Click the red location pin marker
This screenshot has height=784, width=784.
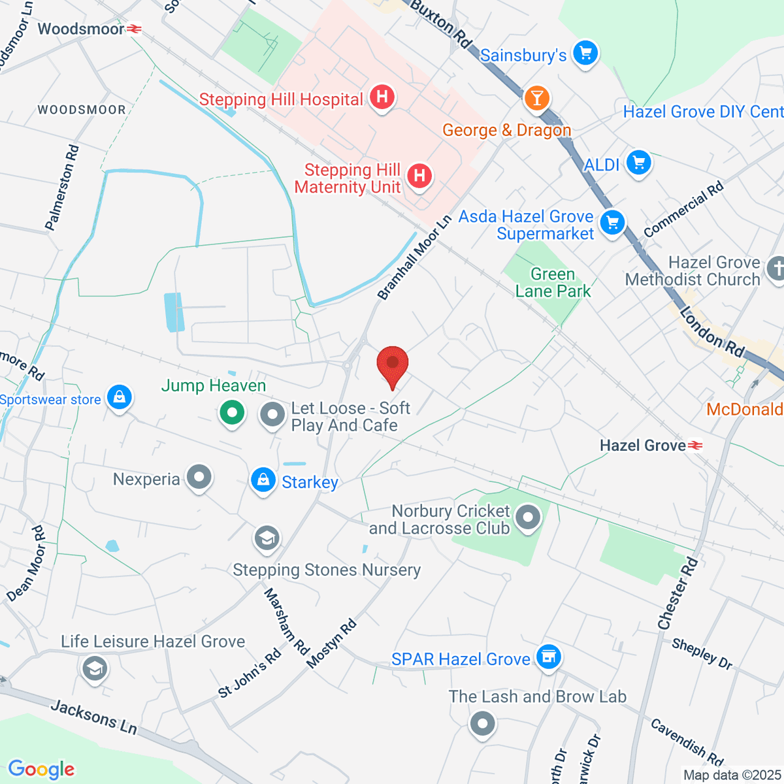(x=393, y=363)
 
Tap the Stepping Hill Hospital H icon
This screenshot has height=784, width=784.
(x=382, y=98)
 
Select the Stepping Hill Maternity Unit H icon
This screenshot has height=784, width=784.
(x=419, y=176)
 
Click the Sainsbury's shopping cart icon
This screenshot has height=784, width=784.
(x=585, y=54)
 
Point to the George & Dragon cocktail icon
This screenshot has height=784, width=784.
(x=537, y=99)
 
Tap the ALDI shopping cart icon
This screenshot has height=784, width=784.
(x=638, y=163)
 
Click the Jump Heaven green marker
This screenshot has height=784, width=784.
(x=231, y=413)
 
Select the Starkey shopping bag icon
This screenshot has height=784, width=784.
(x=263, y=481)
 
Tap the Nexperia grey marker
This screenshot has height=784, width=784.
(x=199, y=478)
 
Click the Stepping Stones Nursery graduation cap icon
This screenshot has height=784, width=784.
(x=267, y=539)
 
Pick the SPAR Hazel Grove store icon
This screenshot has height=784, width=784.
(x=548, y=657)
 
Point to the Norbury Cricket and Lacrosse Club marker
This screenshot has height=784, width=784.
(x=528, y=518)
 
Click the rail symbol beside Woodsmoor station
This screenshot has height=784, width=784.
(x=135, y=29)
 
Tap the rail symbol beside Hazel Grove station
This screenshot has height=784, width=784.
(x=695, y=446)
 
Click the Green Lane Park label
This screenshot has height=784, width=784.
(x=553, y=282)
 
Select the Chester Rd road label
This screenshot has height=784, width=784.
(x=678, y=594)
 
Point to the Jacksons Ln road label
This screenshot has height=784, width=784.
(x=94, y=717)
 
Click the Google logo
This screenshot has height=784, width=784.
(x=41, y=769)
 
